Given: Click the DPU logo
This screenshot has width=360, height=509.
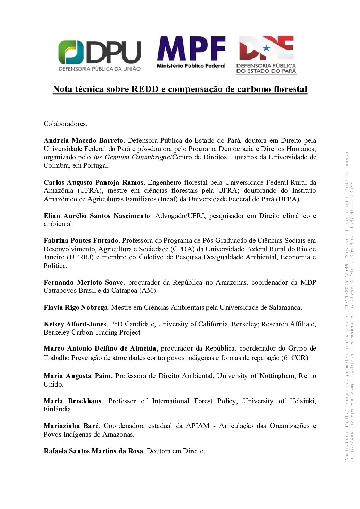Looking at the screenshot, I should pyautogui.click(x=99, y=56).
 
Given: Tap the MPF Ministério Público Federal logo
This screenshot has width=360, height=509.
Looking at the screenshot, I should pyautogui.click(x=191, y=52).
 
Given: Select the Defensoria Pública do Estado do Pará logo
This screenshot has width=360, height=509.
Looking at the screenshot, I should pyautogui.click(x=266, y=55).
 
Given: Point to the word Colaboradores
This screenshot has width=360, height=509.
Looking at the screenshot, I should pyautogui.click(x=65, y=124).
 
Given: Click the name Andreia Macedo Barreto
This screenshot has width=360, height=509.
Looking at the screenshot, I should pyautogui.click(x=83, y=140).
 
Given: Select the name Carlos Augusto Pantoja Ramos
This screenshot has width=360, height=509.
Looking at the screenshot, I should pyautogui.click(x=94, y=182).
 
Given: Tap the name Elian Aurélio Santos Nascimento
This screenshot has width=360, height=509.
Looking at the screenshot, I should pyautogui.click(x=97, y=216).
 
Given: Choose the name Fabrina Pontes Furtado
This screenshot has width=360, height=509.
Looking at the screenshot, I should pyautogui.click(x=81, y=240).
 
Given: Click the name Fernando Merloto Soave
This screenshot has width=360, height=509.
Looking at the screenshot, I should pyautogui.click(x=83, y=282).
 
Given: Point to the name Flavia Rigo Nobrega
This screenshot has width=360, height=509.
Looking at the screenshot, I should pyautogui.click(x=76, y=307).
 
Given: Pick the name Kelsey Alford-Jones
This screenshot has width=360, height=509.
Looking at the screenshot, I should pyautogui.click(x=75, y=324).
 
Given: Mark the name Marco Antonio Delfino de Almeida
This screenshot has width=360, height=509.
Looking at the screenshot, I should pyautogui.click(x=100, y=348).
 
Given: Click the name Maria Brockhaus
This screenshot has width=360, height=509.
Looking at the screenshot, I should pyautogui.click(x=72, y=401).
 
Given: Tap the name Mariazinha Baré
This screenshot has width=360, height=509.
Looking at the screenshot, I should pyautogui.click(x=71, y=426).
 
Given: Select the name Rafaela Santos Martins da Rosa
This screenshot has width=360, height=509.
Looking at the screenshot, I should pyautogui.click(x=93, y=451).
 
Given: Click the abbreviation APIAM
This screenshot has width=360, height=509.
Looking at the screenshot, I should pyautogui.click(x=198, y=426).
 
